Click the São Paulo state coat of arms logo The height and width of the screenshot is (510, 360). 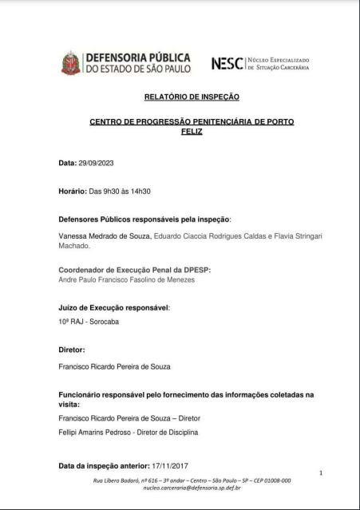click(x=71, y=63)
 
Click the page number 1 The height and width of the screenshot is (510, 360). click(x=320, y=472)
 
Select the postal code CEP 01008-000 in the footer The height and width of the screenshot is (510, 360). click(x=268, y=480)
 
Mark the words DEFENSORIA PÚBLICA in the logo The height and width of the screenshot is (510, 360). click(x=137, y=57)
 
